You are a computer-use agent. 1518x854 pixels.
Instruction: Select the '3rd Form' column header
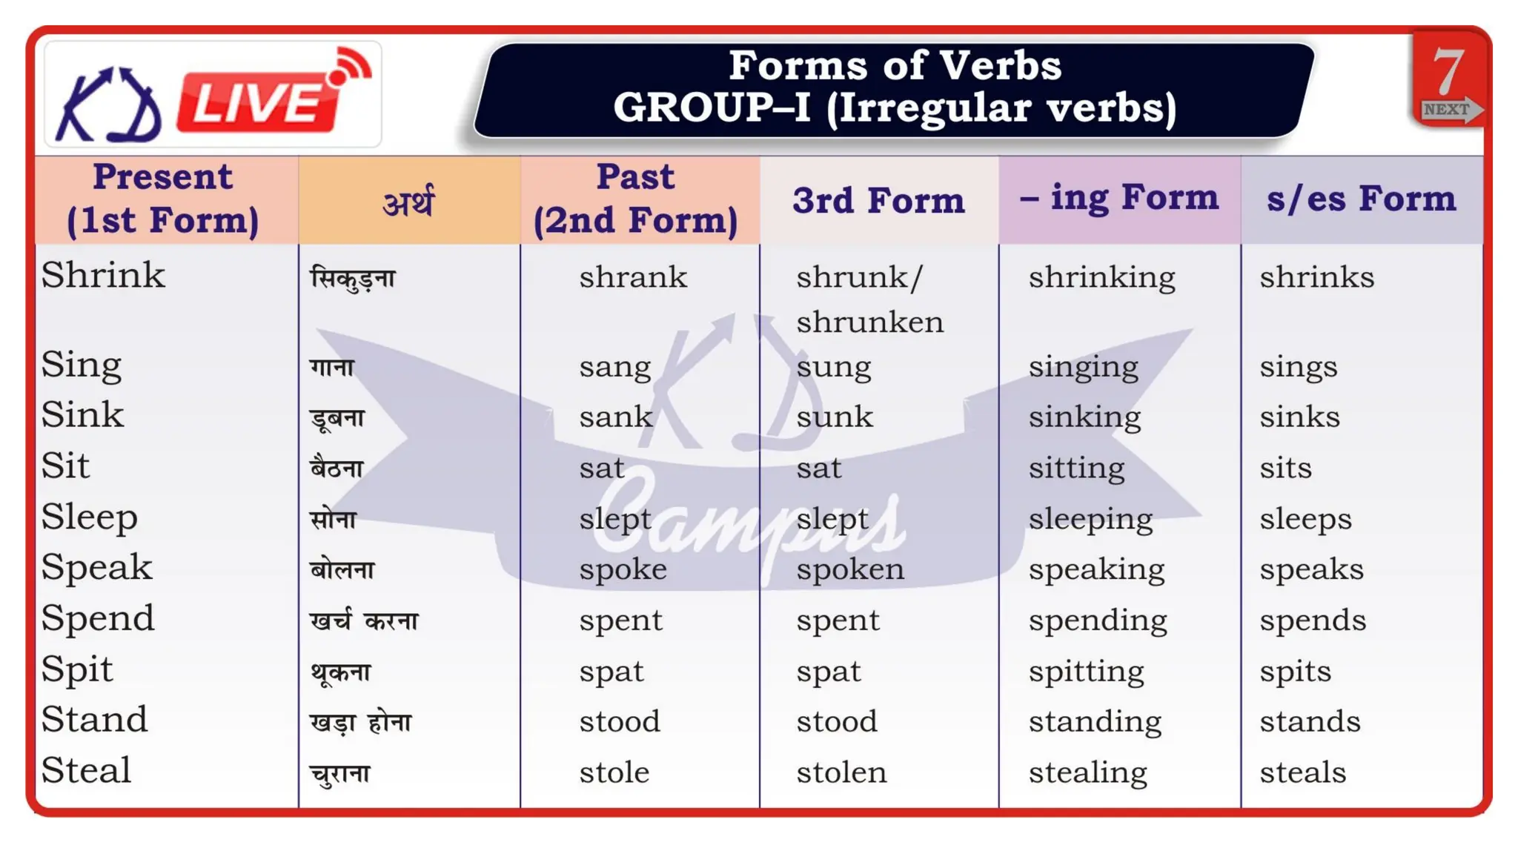[x=878, y=200]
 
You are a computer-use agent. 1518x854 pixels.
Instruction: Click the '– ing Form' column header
[x=1119, y=198]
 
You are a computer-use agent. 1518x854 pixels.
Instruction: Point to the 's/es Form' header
[x=1361, y=199]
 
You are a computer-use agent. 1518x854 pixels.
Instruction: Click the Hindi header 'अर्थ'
[x=408, y=202]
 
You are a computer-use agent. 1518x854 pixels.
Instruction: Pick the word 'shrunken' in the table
[x=870, y=322]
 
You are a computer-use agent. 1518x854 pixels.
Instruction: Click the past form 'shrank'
[x=633, y=277]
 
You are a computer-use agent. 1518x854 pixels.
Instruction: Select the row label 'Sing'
[x=82, y=365]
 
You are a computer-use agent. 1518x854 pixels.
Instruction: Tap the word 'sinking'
[x=1084, y=417]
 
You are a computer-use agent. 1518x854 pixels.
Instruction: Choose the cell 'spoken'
[x=850, y=569]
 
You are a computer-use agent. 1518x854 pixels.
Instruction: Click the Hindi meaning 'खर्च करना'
[x=364, y=620]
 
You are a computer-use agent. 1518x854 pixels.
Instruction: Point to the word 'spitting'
[x=1086, y=672]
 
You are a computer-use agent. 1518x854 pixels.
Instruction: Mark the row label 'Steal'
[x=86, y=770]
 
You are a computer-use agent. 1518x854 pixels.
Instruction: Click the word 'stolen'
[x=841, y=772]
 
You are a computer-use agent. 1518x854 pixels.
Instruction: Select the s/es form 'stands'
[x=1310, y=721]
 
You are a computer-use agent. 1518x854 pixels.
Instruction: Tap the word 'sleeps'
[x=1305, y=519]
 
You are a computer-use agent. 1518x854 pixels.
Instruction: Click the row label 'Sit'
[x=65, y=466]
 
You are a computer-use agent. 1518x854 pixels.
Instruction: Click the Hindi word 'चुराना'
[x=339, y=774]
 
